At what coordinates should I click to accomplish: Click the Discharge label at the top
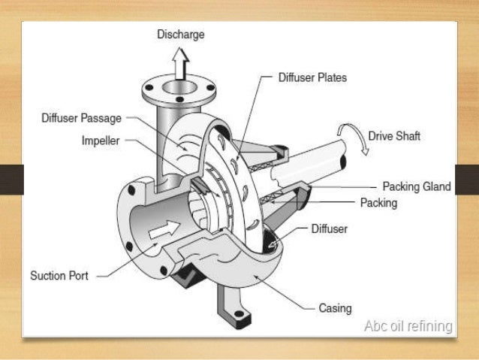pos(180,35)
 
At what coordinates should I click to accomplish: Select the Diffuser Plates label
pos(312,77)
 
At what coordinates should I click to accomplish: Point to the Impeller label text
pos(101,141)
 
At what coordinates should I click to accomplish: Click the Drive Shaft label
pos(394,136)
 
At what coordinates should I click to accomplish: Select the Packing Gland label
pos(416,186)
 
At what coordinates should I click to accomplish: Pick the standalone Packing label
pos(378,203)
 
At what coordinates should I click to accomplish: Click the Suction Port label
pos(59,276)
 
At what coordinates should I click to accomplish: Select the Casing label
pos(334,308)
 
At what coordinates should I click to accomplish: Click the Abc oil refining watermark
pos(408,326)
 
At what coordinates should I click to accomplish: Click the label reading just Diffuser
pos(330,228)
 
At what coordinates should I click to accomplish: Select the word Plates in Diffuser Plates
pos(331,77)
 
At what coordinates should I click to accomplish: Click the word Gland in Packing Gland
pos(435,186)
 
